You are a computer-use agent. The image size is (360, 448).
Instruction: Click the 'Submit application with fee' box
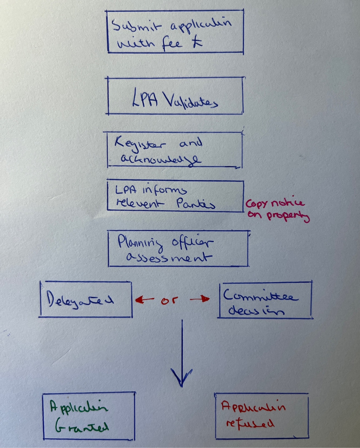coord(175,32)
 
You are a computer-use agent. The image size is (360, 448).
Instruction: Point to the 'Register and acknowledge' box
coord(174,150)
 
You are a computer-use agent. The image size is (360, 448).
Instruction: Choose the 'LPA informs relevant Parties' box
coord(175,196)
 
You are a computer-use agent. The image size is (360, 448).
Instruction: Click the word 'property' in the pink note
coord(288,216)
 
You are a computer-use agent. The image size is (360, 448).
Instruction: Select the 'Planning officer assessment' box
coord(178,248)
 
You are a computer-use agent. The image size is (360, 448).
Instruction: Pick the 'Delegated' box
coord(86,299)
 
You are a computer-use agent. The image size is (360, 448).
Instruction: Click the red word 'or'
coord(169,300)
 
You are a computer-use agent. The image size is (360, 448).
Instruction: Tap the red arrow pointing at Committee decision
coord(200,299)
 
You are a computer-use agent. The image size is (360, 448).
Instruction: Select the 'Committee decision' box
coord(265,300)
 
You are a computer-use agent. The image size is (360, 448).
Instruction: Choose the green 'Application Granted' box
coord(89,416)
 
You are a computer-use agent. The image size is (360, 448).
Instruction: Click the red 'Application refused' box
coord(261,416)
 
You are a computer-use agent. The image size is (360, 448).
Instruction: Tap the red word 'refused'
coord(250,423)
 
